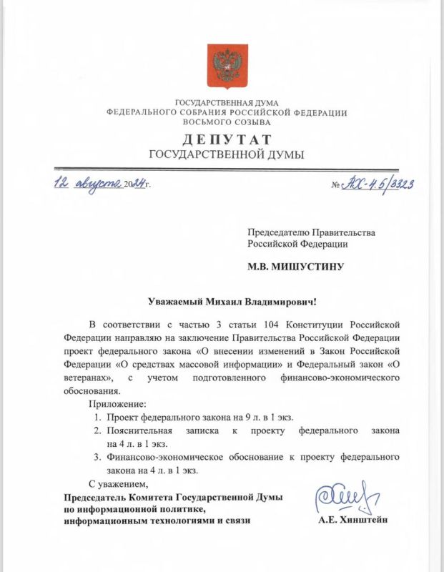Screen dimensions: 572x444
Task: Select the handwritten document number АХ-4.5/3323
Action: point(381,184)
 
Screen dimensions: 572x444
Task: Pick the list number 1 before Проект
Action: point(97,416)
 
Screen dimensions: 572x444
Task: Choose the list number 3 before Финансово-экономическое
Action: point(97,457)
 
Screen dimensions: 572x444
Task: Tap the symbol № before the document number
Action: point(337,185)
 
